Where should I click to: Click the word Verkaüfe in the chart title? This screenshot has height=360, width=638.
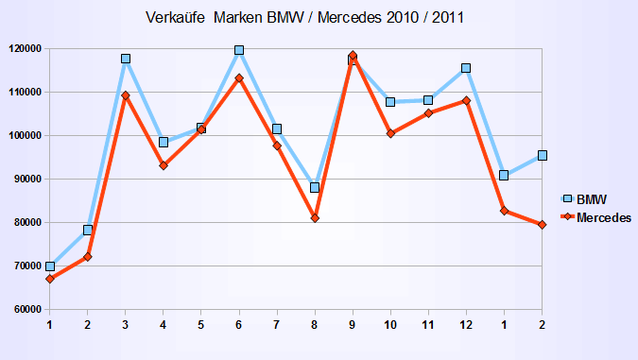[x=177, y=17]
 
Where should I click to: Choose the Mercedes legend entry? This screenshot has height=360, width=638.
[x=603, y=217]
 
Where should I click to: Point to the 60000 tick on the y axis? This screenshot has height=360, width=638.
[x=26, y=310]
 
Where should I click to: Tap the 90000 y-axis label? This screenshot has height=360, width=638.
[x=26, y=180]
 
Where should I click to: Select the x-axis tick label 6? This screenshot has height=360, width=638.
[x=239, y=325]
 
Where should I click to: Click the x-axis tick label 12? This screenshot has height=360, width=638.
[x=466, y=325]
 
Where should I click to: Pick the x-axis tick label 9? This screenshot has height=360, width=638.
[x=353, y=325]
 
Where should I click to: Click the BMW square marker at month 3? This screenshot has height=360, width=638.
[x=126, y=59]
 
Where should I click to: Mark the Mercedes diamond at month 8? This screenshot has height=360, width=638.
[x=315, y=218]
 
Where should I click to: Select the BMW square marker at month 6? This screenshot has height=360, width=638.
[x=239, y=50]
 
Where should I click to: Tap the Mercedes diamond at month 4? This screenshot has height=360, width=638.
[x=164, y=165]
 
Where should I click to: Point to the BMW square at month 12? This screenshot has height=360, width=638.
[x=466, y=68]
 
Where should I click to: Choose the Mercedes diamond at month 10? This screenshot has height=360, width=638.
[x=390, y=133]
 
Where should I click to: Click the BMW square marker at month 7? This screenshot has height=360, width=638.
[x=277, y=129]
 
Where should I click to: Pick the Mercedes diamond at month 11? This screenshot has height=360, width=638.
[x=428, y=113]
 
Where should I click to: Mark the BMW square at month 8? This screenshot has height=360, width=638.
[x=315, y=187]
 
